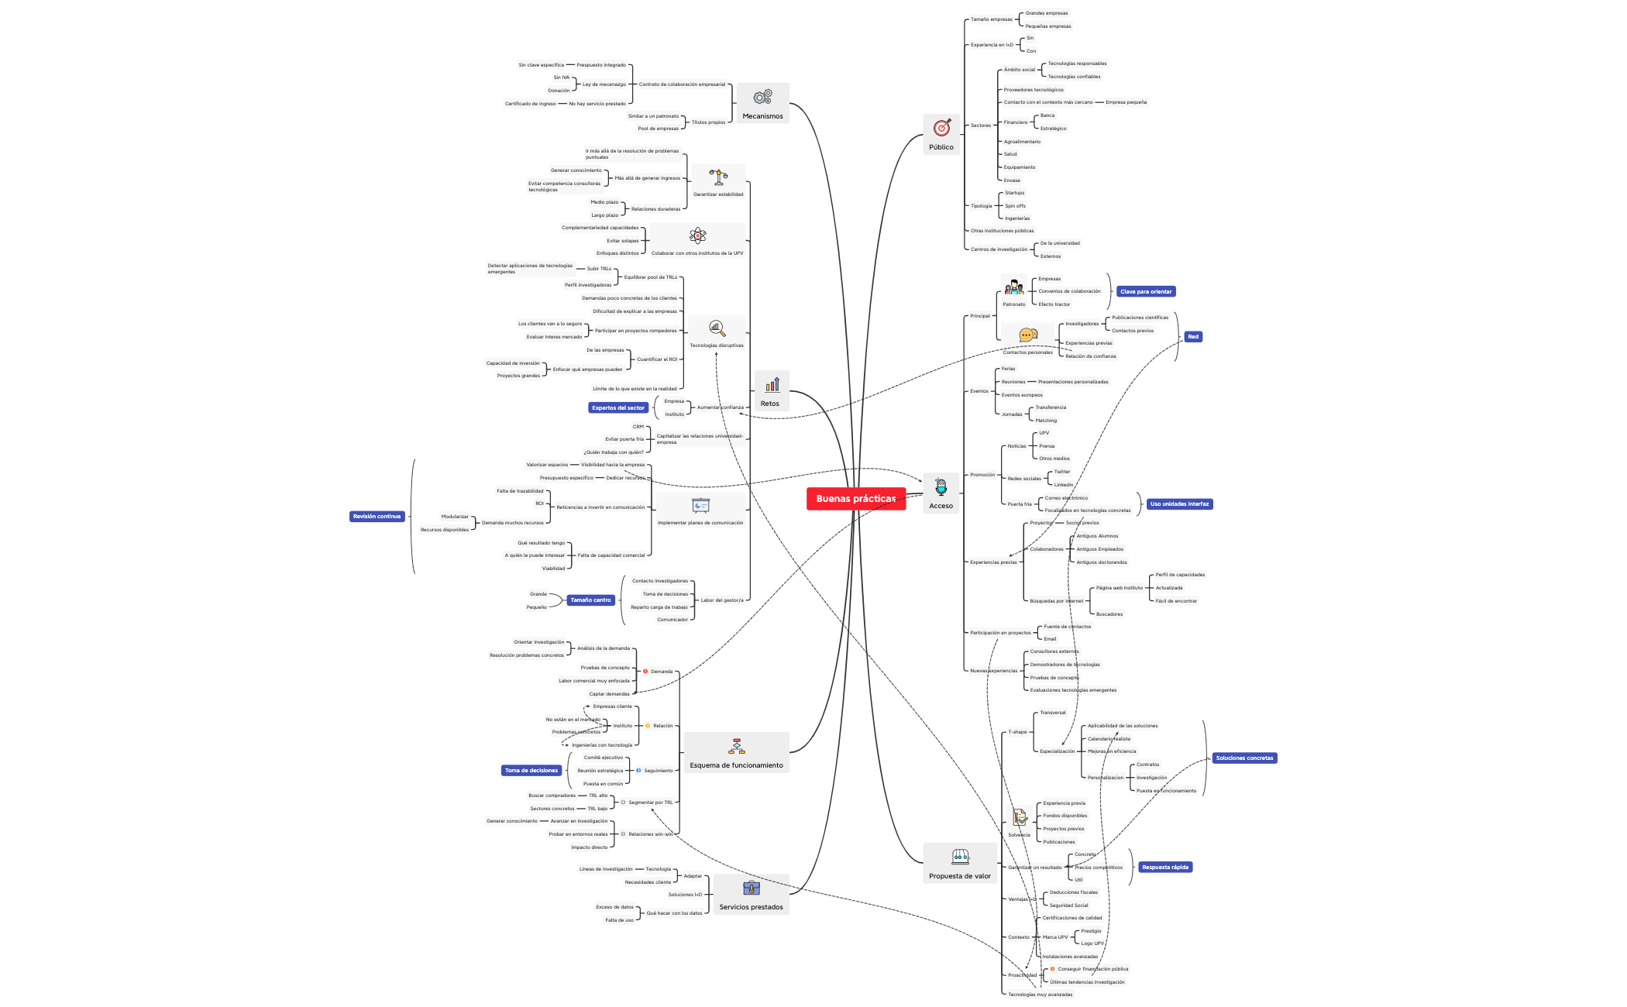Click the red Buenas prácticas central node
pos(855,499)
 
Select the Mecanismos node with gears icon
pos(762,103)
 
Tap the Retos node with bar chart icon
pos(771,390)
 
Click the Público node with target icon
pos(941,134)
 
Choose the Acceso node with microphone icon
pos(941,493)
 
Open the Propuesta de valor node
pos(960,863)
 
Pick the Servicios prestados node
pos(751,895)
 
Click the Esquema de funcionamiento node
pos(736,753)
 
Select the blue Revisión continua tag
pos(377,517)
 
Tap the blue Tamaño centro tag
pos(590,600)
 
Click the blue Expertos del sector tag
pos(617,407)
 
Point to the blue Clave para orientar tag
pos(1145,292)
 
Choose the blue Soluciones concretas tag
pos(1243,758)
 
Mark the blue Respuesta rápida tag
pos(1164,868)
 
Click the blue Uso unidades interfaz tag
pos(1178,504)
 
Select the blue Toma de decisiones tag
pos(531,771)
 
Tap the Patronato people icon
pos(1013,288)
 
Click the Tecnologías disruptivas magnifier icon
pos(717,328)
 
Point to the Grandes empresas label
pos(1046,13)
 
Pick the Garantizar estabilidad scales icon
pos(718,177)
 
